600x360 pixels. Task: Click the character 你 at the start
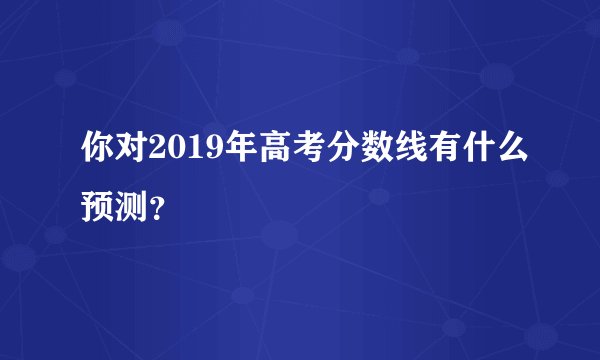point(100,154)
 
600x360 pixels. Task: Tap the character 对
point(133,154)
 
